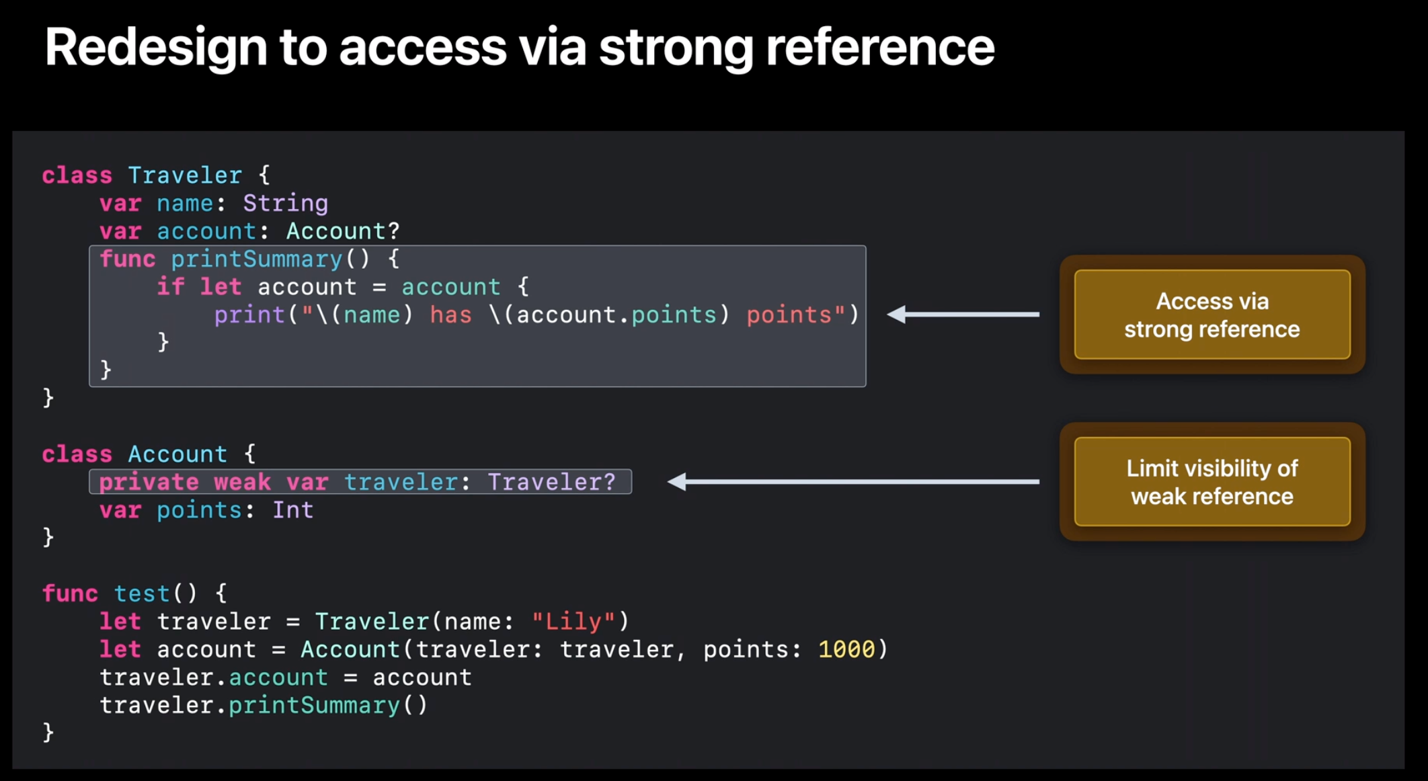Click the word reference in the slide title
pos(880,47)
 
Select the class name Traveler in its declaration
pos(185,175)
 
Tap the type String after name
pos(285,203)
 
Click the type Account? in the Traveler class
pos(343,231)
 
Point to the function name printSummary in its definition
pos(256,259)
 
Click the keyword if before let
pos(170,287)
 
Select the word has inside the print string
pos(450,315)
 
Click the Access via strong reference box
pos(1212,315)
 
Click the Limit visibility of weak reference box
pos(1212,482)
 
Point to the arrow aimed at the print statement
pos(963,314)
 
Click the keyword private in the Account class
pos(149,482)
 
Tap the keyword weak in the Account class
pos(242,482)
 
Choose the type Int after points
pos(292,510)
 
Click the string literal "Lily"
pos(573,622)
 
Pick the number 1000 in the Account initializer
pos(846,649)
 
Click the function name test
pos(141,593)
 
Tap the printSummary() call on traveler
pos(327,705)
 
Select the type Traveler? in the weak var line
pos(551,482)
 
